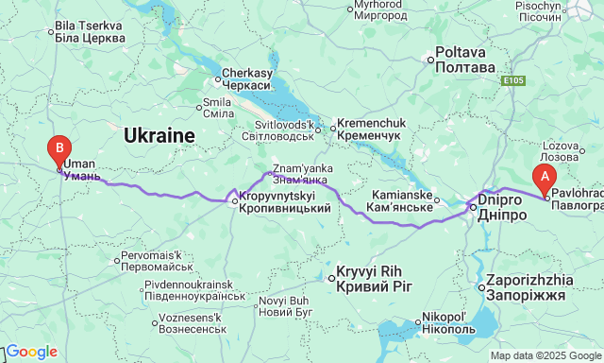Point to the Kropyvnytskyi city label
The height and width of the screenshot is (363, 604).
point(284,201)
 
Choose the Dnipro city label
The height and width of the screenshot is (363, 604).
point(502,208)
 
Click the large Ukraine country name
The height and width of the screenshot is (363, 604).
point(159,135)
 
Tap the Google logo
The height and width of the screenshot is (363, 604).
point(30,352)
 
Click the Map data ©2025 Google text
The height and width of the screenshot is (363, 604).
point(545,355)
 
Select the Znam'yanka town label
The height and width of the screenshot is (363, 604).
point(300,174)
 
